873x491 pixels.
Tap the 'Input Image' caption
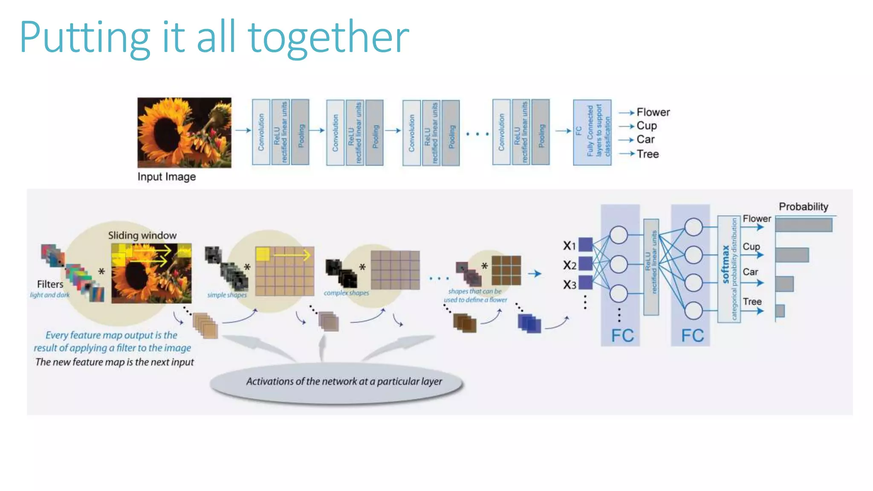tap(166, 176)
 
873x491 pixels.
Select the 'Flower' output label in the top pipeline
tap(653, 112)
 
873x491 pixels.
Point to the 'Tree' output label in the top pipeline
tap(648, 154)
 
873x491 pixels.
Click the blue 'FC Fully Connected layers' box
tap(592, 132)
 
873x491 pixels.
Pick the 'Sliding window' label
tap(142, 235)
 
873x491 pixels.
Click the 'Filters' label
tap(50, 284)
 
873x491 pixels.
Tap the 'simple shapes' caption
tap(227, 295)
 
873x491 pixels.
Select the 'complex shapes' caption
tap(346, 293)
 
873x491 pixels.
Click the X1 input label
tap(569, 245)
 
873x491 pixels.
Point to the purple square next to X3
tap(585, 283)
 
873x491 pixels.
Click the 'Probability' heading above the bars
tap(803, 207)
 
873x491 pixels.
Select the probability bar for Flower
tap(804, 225)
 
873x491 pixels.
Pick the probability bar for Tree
tap(780, 311)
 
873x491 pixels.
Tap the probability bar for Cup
tap(792, 255)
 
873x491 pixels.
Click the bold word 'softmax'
tap(725, 264)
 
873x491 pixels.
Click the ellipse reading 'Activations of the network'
tap(337, 381)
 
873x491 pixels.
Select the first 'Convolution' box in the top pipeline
tap(261, 132)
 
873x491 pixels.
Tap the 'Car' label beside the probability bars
tap(750, 272)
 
